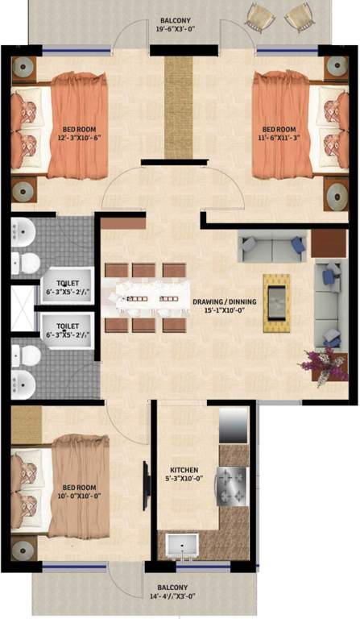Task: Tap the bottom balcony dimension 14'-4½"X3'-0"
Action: [x=174, y=597]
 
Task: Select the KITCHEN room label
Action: [x=184, y=469]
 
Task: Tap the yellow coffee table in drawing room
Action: [x=278, y=302]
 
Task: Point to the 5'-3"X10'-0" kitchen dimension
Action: [x=184, y=479]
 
